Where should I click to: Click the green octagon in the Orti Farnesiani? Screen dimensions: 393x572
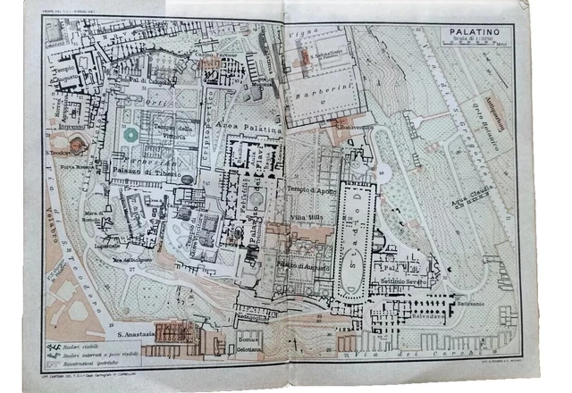click(x=131, y=135)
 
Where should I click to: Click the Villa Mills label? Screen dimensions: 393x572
click(x=307, y=217)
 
